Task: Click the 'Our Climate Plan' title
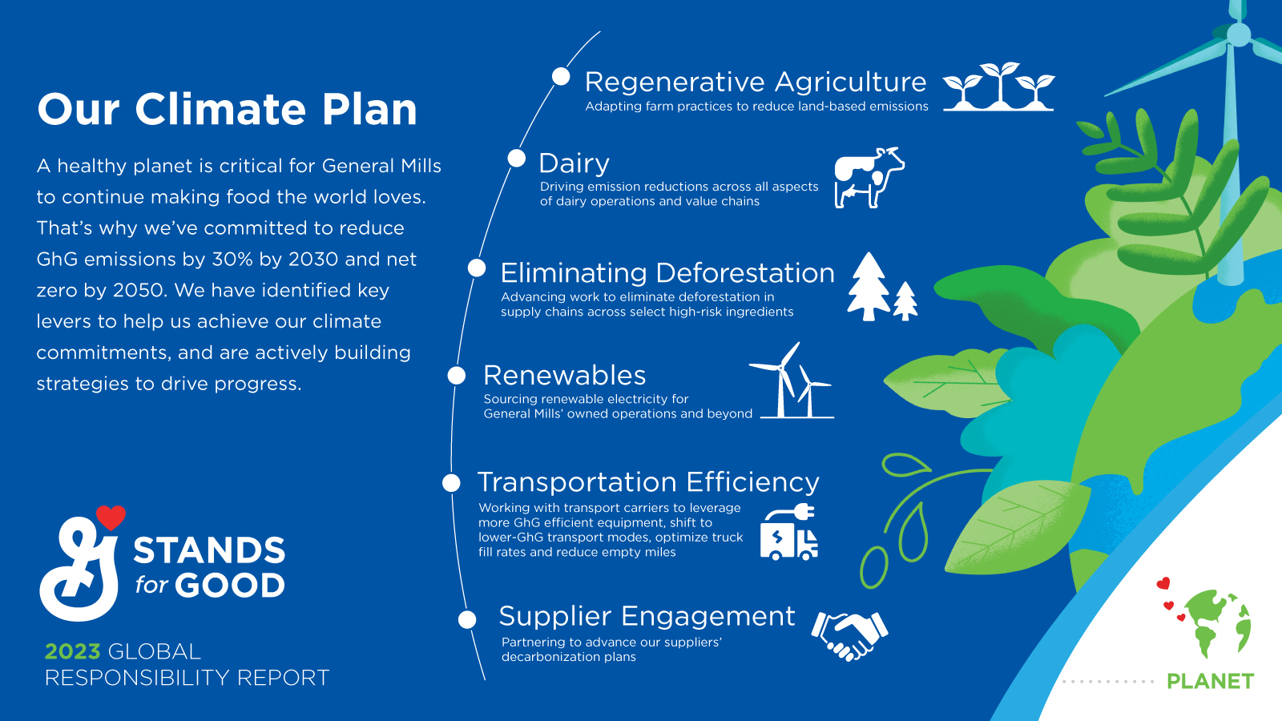(x=227, y=110)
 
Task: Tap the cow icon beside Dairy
(x=869, y=178)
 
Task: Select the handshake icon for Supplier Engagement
(x=850, y=635)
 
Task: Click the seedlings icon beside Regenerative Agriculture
(x=998, y=87)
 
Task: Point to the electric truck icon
(x=789, y=534)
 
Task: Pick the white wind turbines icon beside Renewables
(x=792, y=381)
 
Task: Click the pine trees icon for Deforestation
(x=881, y=288)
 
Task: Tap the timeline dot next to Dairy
(x=517, y=158)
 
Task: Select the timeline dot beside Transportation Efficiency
(x=451, y=482)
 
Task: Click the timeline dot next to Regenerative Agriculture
(x=561, y=76)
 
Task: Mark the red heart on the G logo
(x=111, y=518)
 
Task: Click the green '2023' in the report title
(x=72, y=651)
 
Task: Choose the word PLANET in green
(x=1210, y=682)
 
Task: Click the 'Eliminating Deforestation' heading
(x=667, y=273)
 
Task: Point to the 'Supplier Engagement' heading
(x=646, y=616)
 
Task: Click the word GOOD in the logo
(x=230, y=586)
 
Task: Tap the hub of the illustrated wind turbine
(x=1238, y=34)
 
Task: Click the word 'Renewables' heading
(x=564, y=375)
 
